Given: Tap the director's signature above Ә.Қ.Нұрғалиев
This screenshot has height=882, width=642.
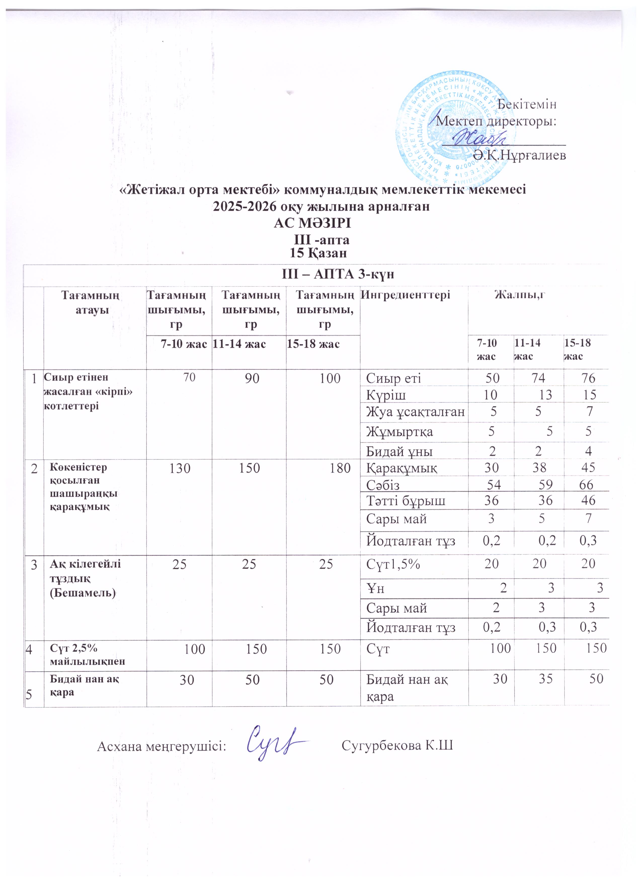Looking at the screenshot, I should tap(481, 137).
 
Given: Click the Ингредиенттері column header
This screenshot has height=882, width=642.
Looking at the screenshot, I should tap(405, 295).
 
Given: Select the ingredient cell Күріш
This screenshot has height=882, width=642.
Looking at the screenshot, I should tap(386, 395).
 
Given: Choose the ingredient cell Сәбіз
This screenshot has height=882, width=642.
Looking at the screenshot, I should tap(383, 484).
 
